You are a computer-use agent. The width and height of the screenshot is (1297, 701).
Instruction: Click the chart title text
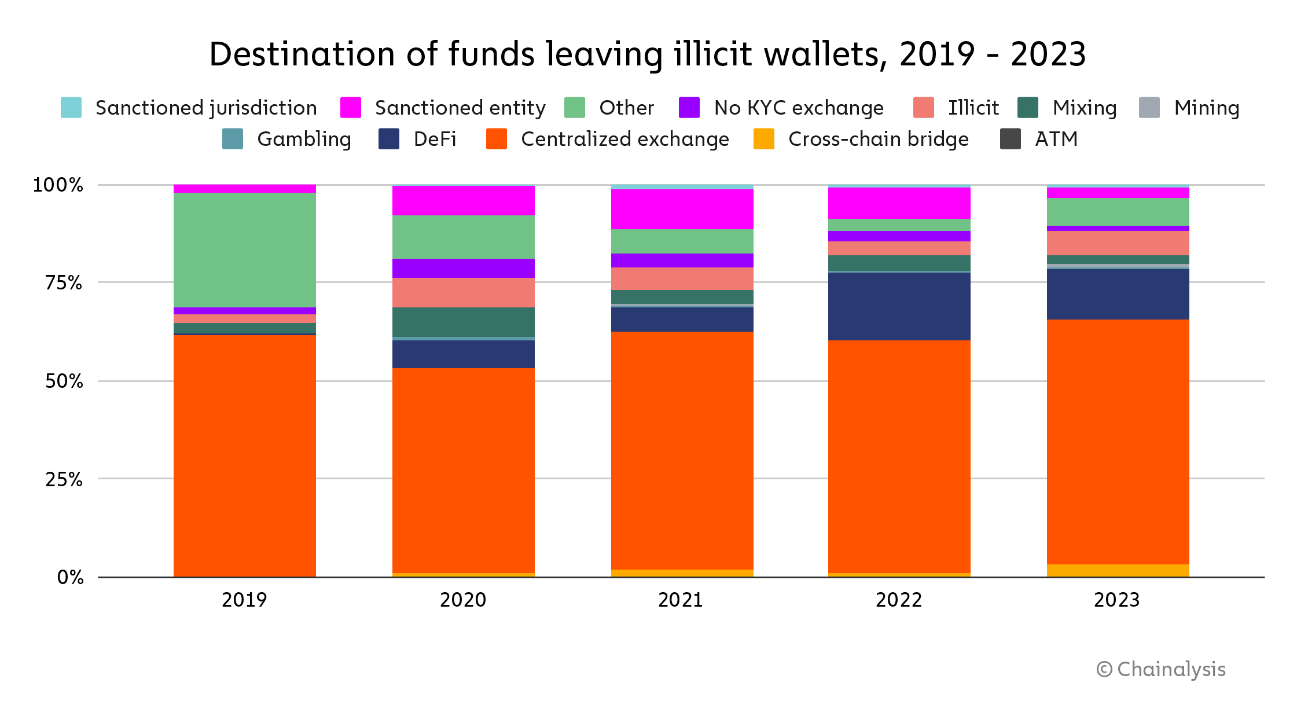[647, 54]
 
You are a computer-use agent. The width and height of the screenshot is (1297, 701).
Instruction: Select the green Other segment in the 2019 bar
[244, 250]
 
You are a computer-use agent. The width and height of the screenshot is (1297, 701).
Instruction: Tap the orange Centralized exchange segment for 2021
[682, 450]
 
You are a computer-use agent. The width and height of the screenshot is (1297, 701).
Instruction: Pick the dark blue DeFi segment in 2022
[899, 306]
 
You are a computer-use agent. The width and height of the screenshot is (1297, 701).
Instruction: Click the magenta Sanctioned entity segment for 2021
[682, 209]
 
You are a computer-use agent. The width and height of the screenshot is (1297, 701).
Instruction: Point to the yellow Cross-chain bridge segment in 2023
[1118, 570]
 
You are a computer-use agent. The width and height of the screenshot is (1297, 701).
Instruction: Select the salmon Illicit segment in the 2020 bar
[463, 292]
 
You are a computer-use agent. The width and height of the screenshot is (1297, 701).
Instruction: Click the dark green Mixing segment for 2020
[463, 322]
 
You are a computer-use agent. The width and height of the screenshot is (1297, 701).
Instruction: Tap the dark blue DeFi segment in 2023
[1118, 294]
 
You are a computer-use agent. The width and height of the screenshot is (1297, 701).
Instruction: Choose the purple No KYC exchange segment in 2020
[463, 268]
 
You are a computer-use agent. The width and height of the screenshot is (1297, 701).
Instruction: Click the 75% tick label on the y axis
[64, 283]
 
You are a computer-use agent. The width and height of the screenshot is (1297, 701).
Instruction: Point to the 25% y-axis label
[64, 479]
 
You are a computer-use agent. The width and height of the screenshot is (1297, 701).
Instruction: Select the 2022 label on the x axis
[898, 600]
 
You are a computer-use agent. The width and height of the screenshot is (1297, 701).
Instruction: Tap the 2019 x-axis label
[244, 600]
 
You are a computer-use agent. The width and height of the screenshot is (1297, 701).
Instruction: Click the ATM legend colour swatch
[1010, 139]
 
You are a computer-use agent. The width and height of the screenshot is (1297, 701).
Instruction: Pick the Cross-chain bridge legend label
[878, 139]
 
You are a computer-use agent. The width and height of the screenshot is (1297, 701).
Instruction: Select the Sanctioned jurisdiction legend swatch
[71, 108]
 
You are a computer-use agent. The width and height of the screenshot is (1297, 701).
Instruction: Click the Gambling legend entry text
[304, 139]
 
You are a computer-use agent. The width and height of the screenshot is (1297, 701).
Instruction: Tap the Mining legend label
[1207, 108]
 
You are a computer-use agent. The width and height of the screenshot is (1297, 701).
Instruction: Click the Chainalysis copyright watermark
[1161, 669]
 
